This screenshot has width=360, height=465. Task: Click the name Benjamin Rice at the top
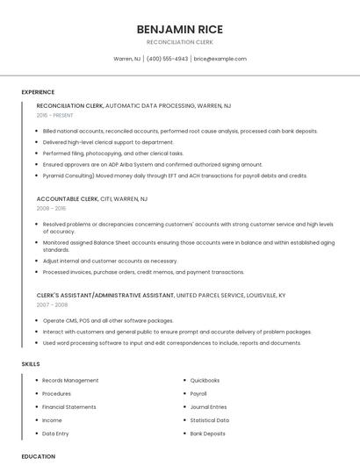tap(179, 29)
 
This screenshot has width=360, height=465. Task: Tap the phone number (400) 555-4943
tap(167, 59)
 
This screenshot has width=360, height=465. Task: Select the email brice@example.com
tap(220, 59)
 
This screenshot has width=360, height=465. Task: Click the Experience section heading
tap(38, 92)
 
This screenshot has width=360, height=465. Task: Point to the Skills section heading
tap(31, 363)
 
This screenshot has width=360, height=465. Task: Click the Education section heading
tap(38, 456)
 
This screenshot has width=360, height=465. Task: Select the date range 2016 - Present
tap(56, 115)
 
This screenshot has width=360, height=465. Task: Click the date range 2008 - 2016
tap(51, 209)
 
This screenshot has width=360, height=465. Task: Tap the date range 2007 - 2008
tap(51, 304)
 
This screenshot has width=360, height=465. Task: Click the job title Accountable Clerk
tap(68, 198)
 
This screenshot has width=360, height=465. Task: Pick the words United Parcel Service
tap(214, 295)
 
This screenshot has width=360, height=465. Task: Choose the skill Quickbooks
tap(205, 381)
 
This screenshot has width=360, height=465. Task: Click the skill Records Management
tap(70, 381)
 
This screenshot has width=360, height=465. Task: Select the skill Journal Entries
tap(208, 407)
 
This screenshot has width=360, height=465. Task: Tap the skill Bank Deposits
tap(207, 433)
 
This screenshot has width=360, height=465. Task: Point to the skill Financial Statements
tap(69, 407)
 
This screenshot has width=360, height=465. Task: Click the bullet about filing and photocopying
tap(112, 154)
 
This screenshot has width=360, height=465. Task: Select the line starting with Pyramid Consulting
tap(175, 175)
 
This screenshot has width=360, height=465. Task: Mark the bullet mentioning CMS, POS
tap(108, 320)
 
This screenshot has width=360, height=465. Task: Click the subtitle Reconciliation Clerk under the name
tap(179, 42)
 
